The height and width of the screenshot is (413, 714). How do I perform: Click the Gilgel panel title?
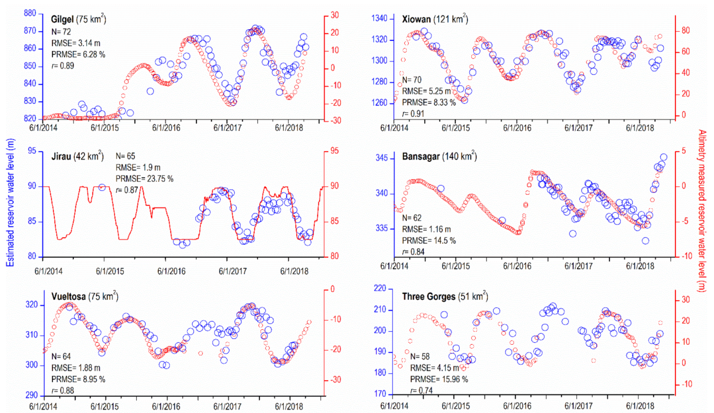click(78, 20)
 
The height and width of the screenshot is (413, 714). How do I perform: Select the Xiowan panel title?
click(434, 20)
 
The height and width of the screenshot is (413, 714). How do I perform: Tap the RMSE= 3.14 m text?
click(76, 43)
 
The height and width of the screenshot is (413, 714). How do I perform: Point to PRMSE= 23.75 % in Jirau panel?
click(144, 178)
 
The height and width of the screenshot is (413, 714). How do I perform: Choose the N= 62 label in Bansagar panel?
click(411, 217)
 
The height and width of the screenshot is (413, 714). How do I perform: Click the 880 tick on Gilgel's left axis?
click(30, 13)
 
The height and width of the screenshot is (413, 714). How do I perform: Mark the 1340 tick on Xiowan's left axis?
click(379, 19)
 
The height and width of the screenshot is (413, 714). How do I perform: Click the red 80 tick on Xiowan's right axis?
click(686, 30)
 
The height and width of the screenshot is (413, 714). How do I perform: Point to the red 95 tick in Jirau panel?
click(334, 151)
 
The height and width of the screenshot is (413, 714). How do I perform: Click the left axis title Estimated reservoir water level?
click(10, 202)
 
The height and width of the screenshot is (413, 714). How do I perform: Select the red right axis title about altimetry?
click(702, 211)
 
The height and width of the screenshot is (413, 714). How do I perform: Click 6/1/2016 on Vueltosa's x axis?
click(166, 406)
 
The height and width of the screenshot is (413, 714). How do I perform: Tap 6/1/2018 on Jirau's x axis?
click(294, 271)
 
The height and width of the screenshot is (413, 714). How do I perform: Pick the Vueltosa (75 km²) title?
click(84, 296)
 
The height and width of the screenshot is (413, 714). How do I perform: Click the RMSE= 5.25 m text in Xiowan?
click(426, 91)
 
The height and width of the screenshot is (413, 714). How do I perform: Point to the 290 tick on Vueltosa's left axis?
click(31, 395)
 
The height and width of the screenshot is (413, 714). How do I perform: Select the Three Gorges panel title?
click(444, 296)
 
